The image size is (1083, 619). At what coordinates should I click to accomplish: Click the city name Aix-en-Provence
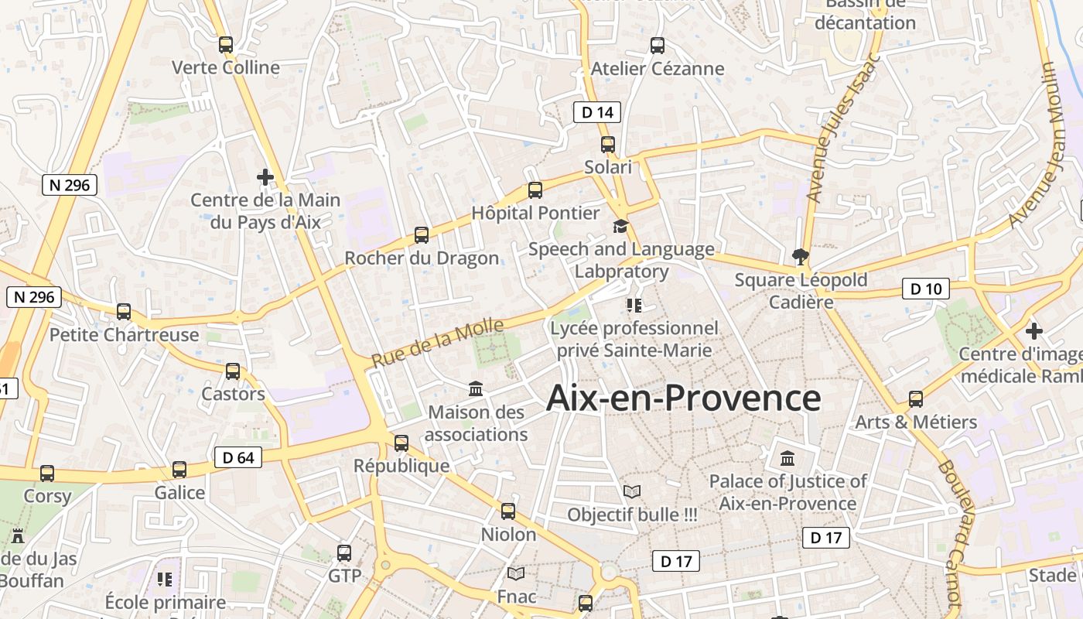coord(683,398)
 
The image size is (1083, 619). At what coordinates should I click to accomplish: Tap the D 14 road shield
coord(597,112)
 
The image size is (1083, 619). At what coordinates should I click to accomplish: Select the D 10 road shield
coord(926,289)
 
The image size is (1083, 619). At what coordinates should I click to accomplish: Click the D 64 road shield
coord(238,457)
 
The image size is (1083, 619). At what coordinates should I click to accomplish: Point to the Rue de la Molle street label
coord(437,343)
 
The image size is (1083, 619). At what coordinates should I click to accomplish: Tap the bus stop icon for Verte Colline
coord(226,45)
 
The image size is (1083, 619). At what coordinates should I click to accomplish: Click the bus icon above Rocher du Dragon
coord(422,234)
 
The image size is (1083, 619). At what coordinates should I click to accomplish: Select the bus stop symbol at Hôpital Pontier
coord(535,190)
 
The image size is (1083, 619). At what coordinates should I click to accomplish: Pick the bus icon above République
coord(401,443)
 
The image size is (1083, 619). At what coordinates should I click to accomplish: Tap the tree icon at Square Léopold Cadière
coord(801,257)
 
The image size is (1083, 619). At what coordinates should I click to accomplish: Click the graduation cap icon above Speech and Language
coord(621,226)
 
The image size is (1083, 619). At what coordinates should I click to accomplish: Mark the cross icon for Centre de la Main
coord(265,177)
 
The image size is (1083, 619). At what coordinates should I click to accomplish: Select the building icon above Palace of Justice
coord(787,458)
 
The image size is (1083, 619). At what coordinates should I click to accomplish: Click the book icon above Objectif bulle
coord(632,491)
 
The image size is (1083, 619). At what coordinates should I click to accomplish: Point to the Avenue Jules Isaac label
coord(842,128)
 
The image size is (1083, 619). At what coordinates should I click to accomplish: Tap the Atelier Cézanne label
coord(658,69)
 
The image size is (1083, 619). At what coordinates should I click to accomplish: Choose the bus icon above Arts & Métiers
coord(916,399)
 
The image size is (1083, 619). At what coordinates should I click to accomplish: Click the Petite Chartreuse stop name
coord(125,335)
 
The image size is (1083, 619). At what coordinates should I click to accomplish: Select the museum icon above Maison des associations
coord(476,388)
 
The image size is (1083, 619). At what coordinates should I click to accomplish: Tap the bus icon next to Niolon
coord(508,511)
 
